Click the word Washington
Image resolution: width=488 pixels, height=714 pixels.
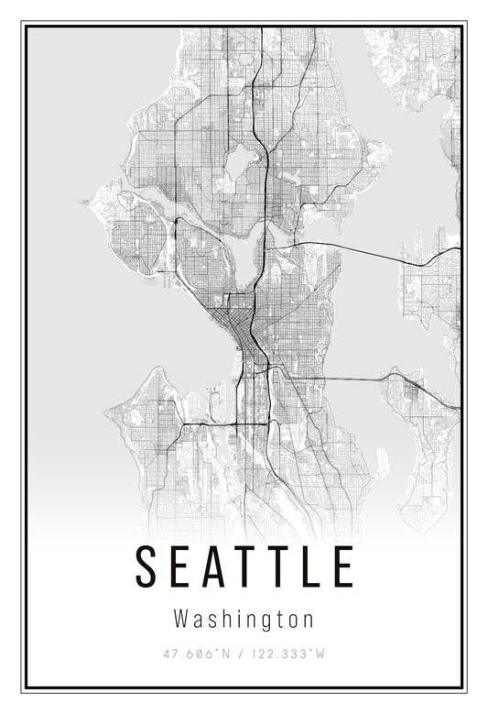tap(244, 620)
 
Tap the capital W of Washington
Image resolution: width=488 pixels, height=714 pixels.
tap(180, 619)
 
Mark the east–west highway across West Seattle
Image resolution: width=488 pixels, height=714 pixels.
tap(220, 423)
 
